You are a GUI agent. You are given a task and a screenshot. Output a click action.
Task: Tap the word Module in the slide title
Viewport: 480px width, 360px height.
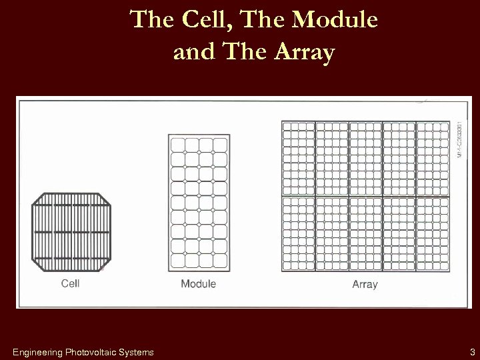[x=335, y=21]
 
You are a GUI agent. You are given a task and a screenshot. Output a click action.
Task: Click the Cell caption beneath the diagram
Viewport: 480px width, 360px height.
[x=70, y=283]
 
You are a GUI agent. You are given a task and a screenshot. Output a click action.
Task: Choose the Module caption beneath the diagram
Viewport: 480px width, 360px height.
[x=198, y=284]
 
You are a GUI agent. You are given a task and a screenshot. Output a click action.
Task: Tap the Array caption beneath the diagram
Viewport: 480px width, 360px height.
[x=365, y=285]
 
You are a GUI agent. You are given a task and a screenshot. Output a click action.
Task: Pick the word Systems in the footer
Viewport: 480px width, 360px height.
[x=138, y=351]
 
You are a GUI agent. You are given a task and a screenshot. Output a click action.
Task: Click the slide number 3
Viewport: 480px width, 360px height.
[x=471, y=351]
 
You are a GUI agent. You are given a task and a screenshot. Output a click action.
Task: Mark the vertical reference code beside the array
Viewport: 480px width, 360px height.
[x=459, y=139]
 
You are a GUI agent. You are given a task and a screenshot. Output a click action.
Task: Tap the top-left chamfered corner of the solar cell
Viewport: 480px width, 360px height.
[x=37, y=199]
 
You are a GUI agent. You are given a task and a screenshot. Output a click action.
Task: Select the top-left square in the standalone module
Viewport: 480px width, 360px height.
[x=178, y=145]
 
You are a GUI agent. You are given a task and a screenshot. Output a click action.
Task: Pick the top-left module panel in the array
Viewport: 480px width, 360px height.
[x=298, y=158]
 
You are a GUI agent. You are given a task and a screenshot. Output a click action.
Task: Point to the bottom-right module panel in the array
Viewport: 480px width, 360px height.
[x=432, y=234]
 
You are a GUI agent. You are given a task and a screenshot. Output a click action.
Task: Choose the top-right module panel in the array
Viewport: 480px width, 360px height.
[x=432, y=158]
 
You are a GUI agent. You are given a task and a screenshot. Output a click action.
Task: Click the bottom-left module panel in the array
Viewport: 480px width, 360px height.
[x=298, y=234]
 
